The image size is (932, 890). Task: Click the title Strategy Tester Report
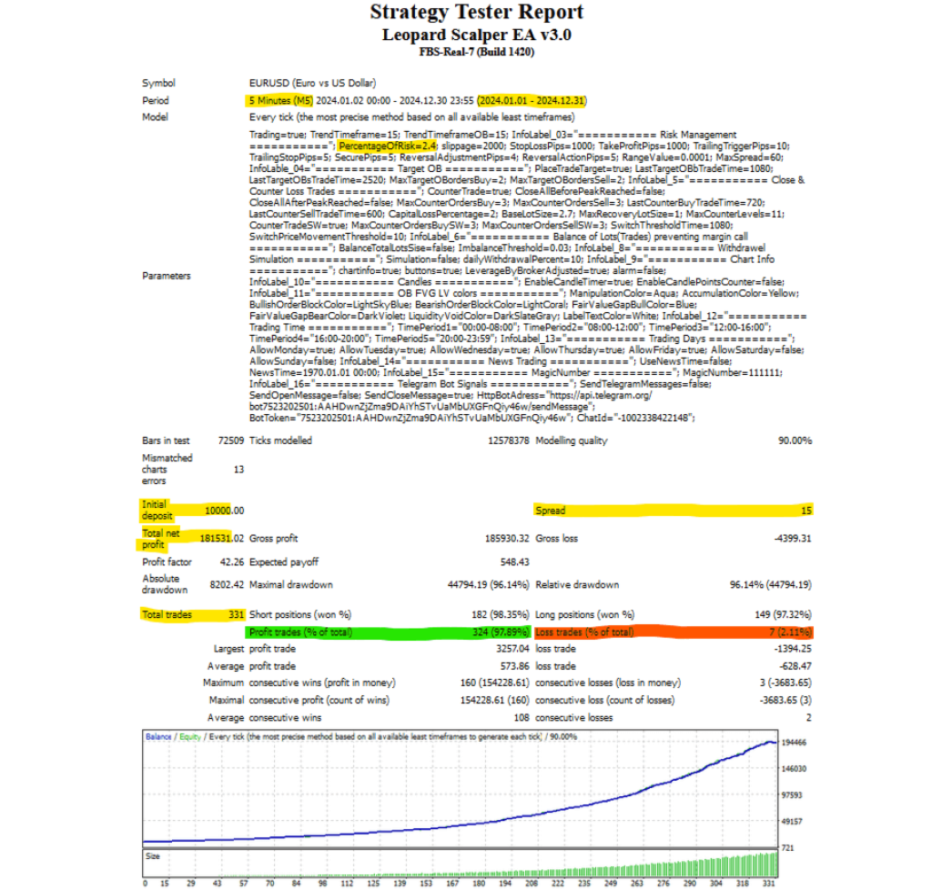tap(477, 13)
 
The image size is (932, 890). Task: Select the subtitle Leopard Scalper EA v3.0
tap(477, 35)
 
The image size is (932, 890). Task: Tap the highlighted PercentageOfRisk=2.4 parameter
tap(387, 146)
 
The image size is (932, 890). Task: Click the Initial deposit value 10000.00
tap(223, 511)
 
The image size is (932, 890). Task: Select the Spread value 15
tap(805, 511)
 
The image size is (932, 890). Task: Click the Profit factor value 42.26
tap(231, 562)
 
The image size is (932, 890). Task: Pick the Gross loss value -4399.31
tap(789, 538)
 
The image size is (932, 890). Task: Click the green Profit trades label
tap(299, 632)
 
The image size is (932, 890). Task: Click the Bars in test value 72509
tap(228, 440)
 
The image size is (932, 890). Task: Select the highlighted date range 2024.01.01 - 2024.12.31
tap(532, 100)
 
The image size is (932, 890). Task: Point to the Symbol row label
tap(158, 82)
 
